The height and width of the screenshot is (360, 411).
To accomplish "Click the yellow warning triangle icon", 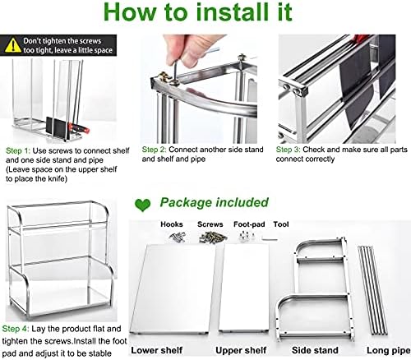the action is [12, 45].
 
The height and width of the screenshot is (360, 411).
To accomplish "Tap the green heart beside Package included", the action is [143, 205].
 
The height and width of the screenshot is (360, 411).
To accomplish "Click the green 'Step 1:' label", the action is [18, 151].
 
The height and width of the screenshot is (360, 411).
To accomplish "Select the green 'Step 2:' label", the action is [155, 150].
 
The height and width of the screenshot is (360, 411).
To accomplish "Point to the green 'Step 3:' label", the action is [289, 150].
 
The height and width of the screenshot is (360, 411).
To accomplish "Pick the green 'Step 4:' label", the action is [16, 329].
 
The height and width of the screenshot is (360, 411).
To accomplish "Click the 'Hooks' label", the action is [172, 224].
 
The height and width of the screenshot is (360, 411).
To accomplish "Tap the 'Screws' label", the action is [210, 224].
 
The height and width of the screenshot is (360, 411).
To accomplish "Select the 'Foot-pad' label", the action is [249, 224].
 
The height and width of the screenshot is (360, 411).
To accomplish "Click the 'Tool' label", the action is [281, 224].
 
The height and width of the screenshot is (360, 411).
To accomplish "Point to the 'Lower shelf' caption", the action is [157, 350].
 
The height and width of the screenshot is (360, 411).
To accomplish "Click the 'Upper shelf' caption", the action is [241, 350].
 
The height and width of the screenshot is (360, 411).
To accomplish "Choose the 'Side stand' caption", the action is [315, 350].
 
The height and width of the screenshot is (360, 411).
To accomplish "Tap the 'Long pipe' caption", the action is [388, 350].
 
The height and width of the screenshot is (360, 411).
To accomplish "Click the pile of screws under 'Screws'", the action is [213, 237].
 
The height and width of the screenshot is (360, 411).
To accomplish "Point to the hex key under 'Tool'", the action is [270, 239].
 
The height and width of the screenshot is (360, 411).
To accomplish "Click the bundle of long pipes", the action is [372, 290].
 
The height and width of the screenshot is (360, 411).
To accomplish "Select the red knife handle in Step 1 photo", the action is [79, 128].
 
